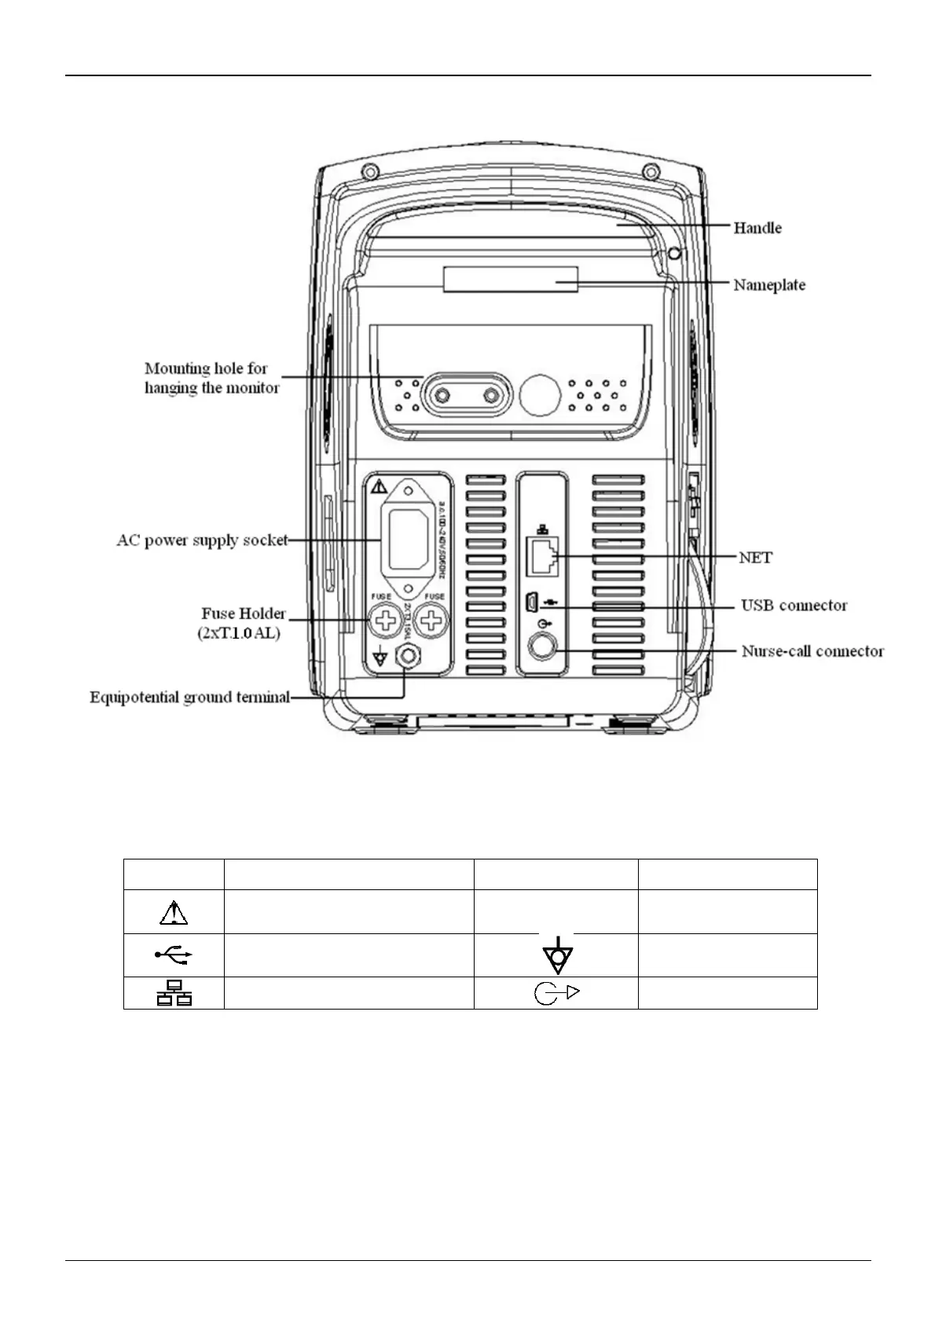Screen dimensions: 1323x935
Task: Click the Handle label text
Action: click(x=757, y=228)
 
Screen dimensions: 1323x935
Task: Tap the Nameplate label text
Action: click(x=769, y=284)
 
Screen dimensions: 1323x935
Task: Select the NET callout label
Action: click(x=755, y=557)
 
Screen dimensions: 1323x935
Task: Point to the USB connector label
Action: click(x=794, y=606)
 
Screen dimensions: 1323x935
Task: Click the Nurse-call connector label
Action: click(x=812, y=651)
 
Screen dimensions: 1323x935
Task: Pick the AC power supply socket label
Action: click(x=202, y=541)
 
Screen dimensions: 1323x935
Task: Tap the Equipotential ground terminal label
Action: click(x=189, y=697)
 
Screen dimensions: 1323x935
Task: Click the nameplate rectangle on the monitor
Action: click(x=511, y=279)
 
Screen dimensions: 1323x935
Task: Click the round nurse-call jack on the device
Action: click(x=542, y=647)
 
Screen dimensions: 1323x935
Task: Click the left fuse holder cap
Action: click(x=385, y=622)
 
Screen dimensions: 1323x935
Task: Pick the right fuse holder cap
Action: click(x=431, y=622)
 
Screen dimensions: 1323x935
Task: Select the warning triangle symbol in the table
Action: click(x=174, y=912)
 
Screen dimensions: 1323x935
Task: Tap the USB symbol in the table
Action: click(x=174, y=955)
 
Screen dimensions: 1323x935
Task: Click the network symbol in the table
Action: click(x=174, y=993)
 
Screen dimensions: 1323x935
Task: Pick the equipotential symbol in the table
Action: click(x=557, y=955)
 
